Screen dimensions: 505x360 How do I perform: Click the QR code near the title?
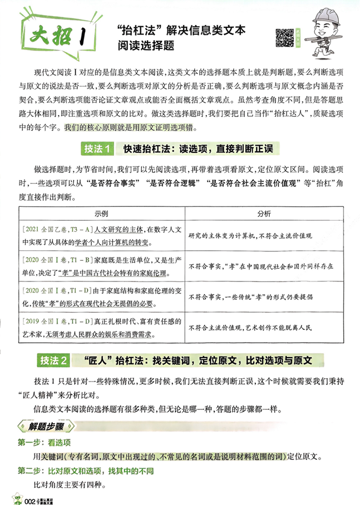[285, 37]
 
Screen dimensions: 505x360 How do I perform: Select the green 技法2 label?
[54, 360]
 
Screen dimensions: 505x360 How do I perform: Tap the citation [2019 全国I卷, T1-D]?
[58, 321]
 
